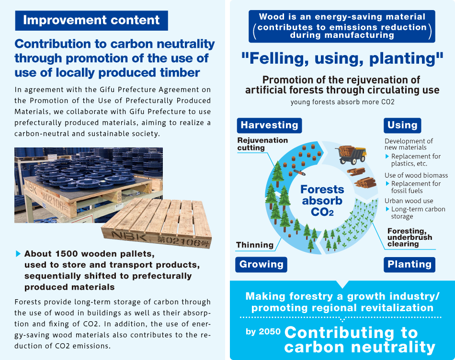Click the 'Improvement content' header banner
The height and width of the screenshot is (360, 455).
pyautogui.click(x=91, y=20)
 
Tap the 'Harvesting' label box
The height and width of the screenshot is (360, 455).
pyautogui.click(x=269, y=125)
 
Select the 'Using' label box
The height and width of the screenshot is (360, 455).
pyautogui.click(x=402, y=125)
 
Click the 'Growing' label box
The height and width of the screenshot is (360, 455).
pyautogui.click(x=261, y=265)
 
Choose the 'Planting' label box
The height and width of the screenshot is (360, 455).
pyautogui.click(x=409, y=265)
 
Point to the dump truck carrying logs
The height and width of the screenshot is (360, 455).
pyautogui.click(x=352, y=154)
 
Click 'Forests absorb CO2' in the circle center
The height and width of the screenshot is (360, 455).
pyautogui.click(x=322, y=201)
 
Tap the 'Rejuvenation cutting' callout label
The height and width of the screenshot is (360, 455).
pyautogui.click(x=262, y=144)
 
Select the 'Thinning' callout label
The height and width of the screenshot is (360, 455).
pyautogui.click(x=255, y=245)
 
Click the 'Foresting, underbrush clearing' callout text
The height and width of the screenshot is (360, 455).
pyautogui.click(x=409, y=237)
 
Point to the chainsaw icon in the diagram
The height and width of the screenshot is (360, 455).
pyautogui.click(x=299, y=173)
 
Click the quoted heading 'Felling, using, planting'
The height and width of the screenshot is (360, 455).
pyautogui.click(x=342, y=58)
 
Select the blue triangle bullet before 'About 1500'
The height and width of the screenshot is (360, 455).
pyautogui.click(x=18, y=254)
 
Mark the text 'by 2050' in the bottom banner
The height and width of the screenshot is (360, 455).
pyautogui.click(x=263, y=331)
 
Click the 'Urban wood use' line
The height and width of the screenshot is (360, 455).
pyautogui.click(x=409, y=201)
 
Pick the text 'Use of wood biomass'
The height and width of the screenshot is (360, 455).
pyautogui.click(x=416, y=175)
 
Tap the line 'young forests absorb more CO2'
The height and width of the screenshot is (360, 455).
pyautogui.click(x=342, y=102)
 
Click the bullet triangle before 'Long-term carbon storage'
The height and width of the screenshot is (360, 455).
pyautogui.click(x=387, y=209)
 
